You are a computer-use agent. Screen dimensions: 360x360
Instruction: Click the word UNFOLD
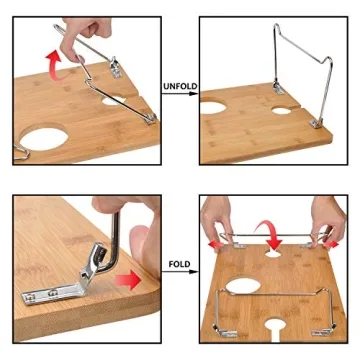(x=180, y=86)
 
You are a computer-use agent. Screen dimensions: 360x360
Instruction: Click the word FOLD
(x=180, y=266)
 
